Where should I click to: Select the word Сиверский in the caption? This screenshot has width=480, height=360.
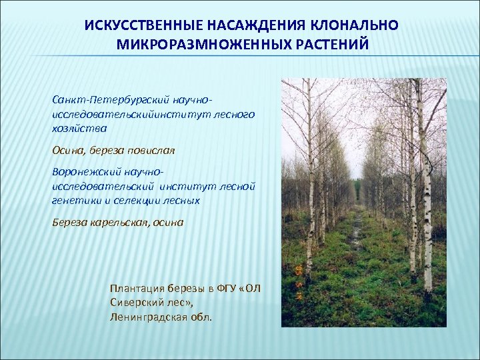pos(137,303)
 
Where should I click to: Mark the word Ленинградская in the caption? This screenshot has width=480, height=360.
pos(147,317)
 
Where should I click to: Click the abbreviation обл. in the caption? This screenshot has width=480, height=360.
pos(201,317)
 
